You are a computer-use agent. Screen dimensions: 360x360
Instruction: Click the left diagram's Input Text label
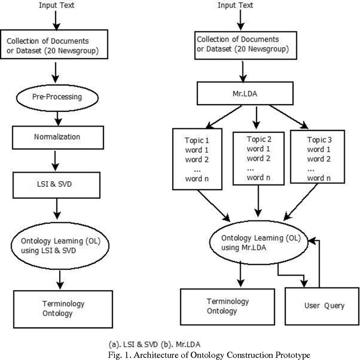56,6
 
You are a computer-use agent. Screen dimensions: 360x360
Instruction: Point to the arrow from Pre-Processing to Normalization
56,118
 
